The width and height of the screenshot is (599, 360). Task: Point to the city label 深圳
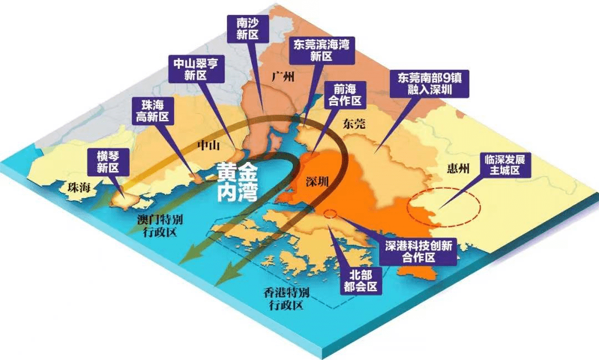click(318, 182)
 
